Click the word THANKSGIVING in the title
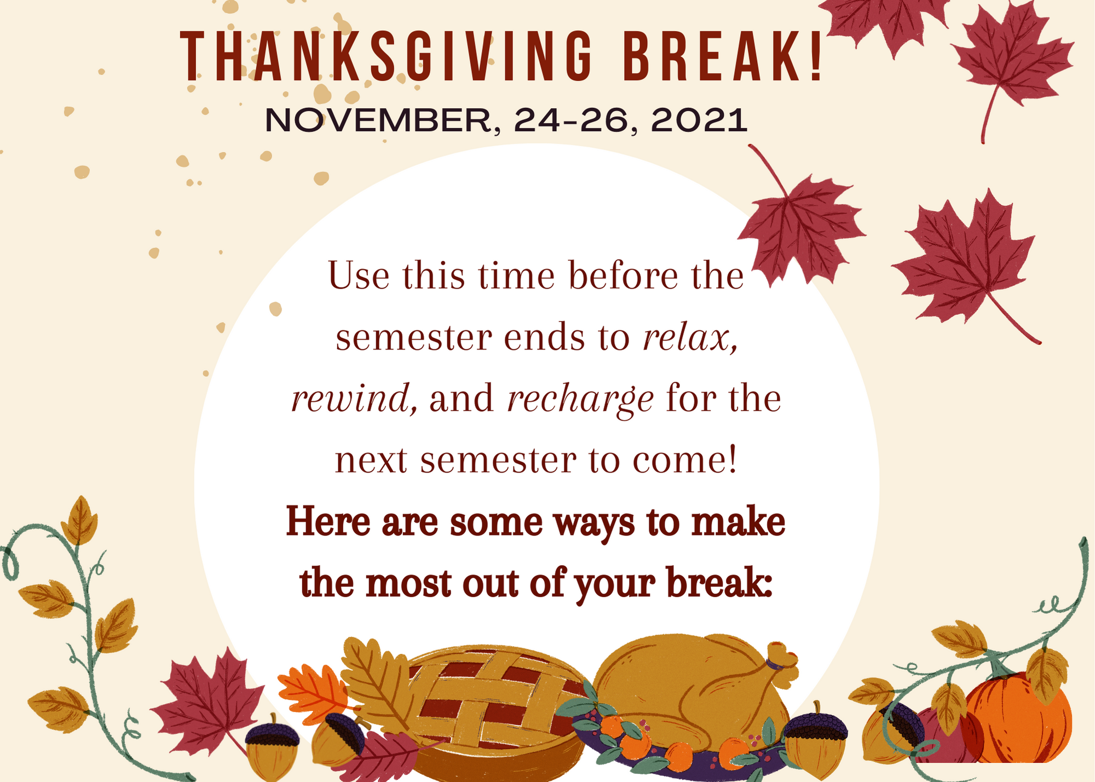[x=387, y=57]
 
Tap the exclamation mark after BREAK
[x=816, y=57]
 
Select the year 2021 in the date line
[x=699, y=120]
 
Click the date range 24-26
[x=571, y=120]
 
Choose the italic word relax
[x=690, y=337]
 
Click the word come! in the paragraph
[x=685, y=460]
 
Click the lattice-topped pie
[x=493, y=712]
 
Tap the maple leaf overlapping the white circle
[x=799, y=227]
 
